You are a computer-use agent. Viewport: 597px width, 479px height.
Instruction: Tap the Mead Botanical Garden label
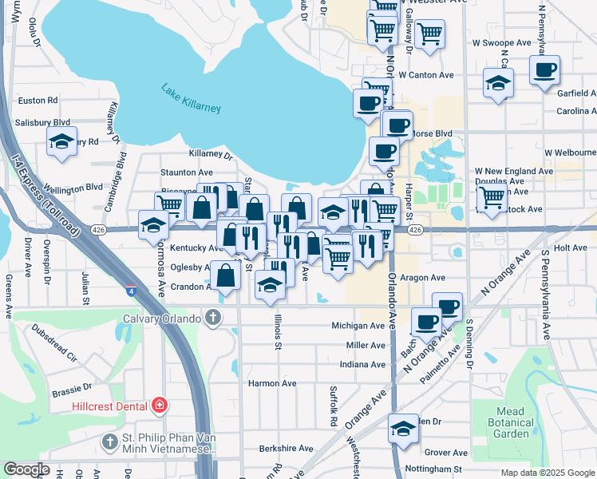tap(511, 422)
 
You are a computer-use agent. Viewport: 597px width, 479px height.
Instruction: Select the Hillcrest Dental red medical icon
tap(160, 406)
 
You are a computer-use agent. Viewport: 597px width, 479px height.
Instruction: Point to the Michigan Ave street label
tap(359, 326)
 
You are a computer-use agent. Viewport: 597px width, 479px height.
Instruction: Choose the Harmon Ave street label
tap(272, 383)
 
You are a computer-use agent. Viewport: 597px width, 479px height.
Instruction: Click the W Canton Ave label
tap(426, 75)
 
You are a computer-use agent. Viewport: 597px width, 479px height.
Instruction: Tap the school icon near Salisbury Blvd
tap(62, 142)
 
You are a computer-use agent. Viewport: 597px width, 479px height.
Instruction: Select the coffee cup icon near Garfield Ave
tap(545, 71)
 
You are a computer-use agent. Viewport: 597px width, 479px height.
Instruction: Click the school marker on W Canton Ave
tap(498, 83)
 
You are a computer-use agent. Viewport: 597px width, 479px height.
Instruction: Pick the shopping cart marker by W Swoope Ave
tap(429, 34)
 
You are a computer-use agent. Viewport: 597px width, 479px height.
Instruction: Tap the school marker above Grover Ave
tap(404, 429)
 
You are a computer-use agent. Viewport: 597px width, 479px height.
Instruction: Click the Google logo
tap(26, 469)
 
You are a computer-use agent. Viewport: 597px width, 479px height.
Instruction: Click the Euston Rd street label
tap(38, 101)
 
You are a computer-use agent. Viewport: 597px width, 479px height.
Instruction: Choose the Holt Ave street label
tap(570, 248)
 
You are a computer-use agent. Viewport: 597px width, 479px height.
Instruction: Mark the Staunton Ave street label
tap(187, 172)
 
